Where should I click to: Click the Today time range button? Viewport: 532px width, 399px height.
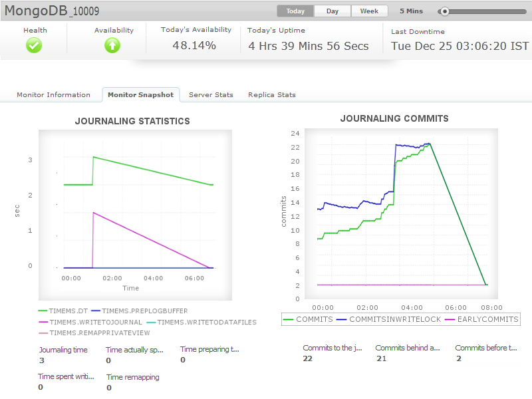(x=295, y=11)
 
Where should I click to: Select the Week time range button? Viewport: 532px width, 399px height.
(x=369, y=11)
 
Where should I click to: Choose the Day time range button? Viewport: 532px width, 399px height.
(x=332, y=11)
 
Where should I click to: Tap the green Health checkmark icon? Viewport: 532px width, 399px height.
(x=34, y=45)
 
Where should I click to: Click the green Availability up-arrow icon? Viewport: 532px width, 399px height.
(x=112, y=45)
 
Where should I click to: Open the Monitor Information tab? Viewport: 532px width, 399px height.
(x=53, y=95)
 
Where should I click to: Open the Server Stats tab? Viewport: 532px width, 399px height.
(x=211, y=95)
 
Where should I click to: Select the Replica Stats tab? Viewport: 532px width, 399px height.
(x=271, y=95)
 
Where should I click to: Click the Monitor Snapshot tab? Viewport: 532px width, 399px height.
(x=140, y=95)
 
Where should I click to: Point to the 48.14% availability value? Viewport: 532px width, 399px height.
(x=194, y=45)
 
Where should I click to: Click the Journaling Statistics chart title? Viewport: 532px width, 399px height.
(x=132, y=121)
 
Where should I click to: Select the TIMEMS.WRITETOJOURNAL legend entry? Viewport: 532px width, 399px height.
(x=90, y=322)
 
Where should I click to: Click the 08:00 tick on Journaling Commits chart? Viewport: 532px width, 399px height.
(x=492, y=308)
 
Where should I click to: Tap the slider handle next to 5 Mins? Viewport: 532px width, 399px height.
(x=445, y=11)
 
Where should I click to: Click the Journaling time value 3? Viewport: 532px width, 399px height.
(x=41, y=360)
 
